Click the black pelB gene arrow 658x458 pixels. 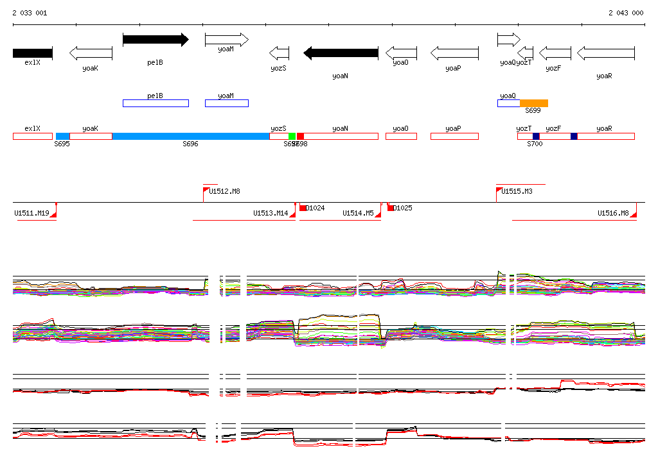tap(156, 40)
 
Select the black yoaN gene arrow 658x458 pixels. tap(341, 53)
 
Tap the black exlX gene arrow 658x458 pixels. tap(32, 53)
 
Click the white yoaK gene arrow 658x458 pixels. tap(91, 53)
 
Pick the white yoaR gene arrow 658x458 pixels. tap(606, 53)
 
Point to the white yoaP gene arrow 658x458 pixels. tap(454, 53)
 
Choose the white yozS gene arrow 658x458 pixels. tap(280, 53)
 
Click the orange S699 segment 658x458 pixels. tap(534, 103)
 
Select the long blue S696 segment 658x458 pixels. tap(191, 136)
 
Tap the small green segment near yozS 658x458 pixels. tap(292, 136)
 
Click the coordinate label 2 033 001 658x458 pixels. tap(30, 13)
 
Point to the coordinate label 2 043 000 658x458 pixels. tap(626, 13)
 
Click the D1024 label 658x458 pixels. tap(315, 208)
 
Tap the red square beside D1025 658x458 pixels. tap(390, 208)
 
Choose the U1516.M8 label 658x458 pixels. tap(613, 213)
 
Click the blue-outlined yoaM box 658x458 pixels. tap(226, 103)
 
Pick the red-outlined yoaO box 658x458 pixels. tap(401, 136)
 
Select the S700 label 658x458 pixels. tap(535, 144)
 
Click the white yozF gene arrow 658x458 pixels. tap(555, 53)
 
